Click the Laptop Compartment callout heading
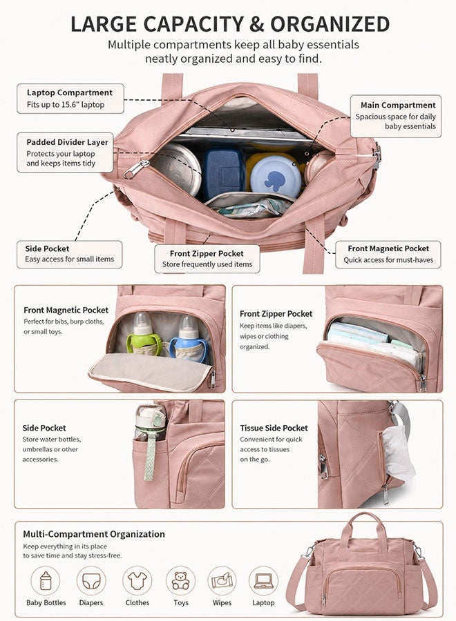70,92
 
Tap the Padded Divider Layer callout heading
68,142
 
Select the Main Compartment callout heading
398,106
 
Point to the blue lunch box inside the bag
223,172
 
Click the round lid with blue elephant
276,176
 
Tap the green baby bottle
144,334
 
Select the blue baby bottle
189,338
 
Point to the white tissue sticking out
398,453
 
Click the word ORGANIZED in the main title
330,24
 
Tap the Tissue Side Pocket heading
274,428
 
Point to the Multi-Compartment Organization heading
94,534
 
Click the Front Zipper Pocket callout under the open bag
207,259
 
